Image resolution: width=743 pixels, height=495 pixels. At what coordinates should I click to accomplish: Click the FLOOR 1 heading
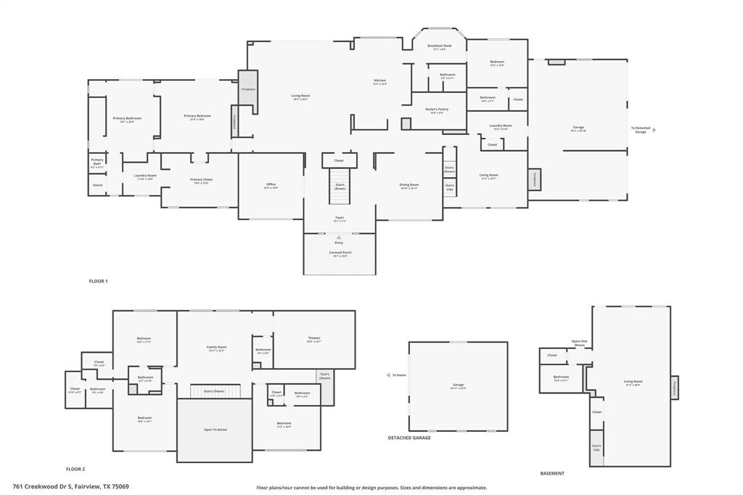(98, 281)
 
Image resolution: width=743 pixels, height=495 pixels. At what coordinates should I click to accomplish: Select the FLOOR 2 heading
(75, 469)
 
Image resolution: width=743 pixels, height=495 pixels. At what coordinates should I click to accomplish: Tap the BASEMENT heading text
(552, 473)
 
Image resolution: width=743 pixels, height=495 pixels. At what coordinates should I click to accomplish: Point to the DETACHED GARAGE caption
(409, 438)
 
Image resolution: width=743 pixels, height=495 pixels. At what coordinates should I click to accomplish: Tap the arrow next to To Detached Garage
(654, 130)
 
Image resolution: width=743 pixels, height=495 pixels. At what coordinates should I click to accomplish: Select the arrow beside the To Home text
(387, 375)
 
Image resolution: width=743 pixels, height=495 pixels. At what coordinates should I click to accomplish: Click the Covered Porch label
(340, 253)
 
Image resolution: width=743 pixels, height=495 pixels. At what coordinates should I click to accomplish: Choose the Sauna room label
(97, 186)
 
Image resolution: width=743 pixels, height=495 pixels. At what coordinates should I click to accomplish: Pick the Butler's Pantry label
(437, 110)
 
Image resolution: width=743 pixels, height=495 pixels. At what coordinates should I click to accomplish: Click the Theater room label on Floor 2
(313, 338)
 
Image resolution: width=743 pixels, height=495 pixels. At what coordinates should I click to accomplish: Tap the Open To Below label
(215, 430)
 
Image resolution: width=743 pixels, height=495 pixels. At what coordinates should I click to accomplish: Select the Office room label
(271, 184)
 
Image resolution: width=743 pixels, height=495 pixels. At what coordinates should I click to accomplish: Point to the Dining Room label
(409, 184)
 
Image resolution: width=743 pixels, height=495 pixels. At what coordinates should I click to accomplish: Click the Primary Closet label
(201, 180)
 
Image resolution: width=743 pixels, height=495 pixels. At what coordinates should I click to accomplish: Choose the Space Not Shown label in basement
(579, 343)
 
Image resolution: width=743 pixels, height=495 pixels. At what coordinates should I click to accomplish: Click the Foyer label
(340, 217)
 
